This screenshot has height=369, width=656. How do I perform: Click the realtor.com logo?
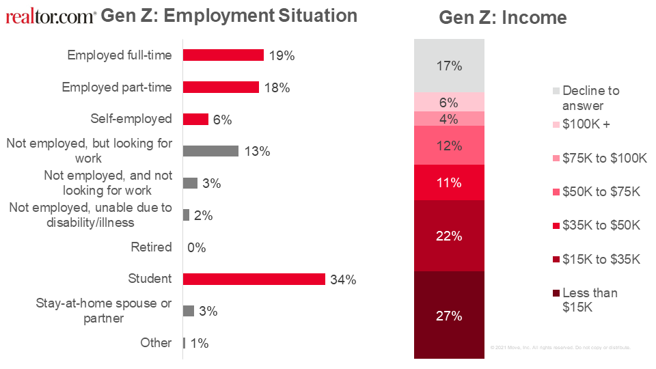click(x=51, y=16)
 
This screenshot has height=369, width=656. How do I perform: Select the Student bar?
click(x=254, y=279)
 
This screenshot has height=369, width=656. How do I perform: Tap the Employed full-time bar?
click(x=223, y=55)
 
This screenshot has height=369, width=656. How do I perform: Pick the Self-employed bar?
click(x=195, y=119)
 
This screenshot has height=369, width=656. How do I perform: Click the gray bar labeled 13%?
click(x=210, y=151)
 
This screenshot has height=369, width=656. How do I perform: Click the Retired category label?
click(x=151, y=247)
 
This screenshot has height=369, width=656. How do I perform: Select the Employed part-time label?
click(x=117, y=87)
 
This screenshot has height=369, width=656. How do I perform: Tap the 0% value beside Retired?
click(x=196, y=247)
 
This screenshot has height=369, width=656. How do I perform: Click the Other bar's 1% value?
click(x=200, y=343)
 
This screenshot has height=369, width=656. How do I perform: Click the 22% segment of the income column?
click(x=449, y=236)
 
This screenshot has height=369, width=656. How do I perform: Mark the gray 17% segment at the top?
click(x=449, y=66)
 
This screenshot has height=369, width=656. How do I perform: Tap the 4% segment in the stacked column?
click(x=449, y=119)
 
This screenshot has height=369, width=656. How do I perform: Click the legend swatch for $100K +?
click(x=556, y=125)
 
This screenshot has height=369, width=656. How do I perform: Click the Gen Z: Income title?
click(x=502, y=18)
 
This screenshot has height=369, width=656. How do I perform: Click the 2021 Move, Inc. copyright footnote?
click(x=560, y=348)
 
